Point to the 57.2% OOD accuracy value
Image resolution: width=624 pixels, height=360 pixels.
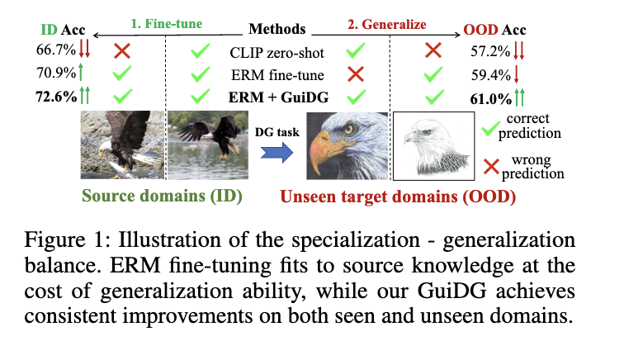point(482,53)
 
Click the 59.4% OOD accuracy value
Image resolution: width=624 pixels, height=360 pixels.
point(482,75)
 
